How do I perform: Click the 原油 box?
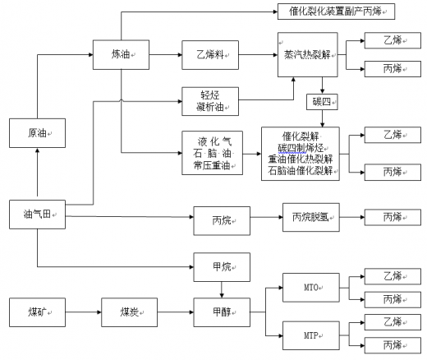37,133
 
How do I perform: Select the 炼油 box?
121,55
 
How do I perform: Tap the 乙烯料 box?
210,55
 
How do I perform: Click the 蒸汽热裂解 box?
308,55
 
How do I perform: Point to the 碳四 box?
322,102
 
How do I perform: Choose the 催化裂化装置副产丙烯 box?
336,12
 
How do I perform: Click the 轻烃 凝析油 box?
210,101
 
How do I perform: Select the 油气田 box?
37,215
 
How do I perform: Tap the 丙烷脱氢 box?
311,217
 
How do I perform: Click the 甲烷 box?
222,267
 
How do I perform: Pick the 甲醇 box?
222,312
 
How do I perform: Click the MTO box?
311,288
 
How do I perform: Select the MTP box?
311,335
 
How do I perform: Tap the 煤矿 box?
37,312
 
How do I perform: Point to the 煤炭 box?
129,312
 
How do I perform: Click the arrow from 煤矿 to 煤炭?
83,312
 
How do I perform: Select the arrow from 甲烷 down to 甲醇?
222,289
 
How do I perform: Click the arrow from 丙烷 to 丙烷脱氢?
266,217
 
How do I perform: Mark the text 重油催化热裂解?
301,159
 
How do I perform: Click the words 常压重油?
212,165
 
